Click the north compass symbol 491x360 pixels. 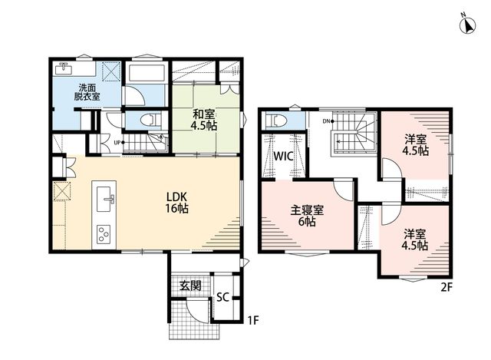pyautogui.click(x=467, y=25)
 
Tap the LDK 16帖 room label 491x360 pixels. pyautogui.click(x=176, y=203)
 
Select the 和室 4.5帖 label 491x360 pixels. pyautogui.click(x=204, y=120)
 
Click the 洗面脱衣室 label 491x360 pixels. pyautogui.click(x=87, y=92)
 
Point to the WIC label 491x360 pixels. pyautogui.click(x=283, y=156)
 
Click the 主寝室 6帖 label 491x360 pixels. pyautogui.click(x=307, y=216)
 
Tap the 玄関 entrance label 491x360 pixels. pyautogui.click(x=190, y=286)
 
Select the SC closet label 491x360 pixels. pyautogui.click(x=222, y=297)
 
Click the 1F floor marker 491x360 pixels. pyautogui.click(x=253, y=321)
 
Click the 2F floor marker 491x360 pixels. pyautogui.click(x=447, y=287)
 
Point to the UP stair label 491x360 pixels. pyautogui.click(x=117, y=143)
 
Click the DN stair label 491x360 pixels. pyautogui.click(x=326, y=121)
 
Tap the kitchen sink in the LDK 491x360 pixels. pyautogui.click(x=104, y=199)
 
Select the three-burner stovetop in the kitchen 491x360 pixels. pyautogui.click(x=104, y=234)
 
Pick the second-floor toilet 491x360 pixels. pyautogui.click(x=275, y=121)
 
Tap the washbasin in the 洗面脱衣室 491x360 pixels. pyautogui.click(x=64, y=68)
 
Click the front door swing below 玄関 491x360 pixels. pyautogui.click(x=197, y=311)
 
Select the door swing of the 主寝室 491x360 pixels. pyautogui.click(x=344, y=190)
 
